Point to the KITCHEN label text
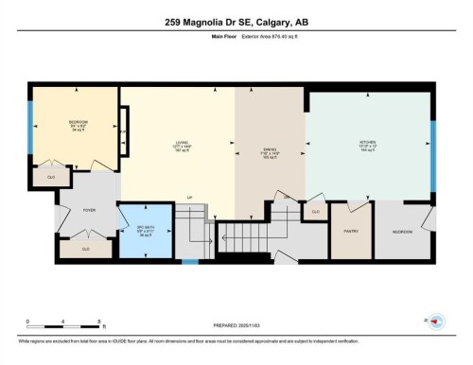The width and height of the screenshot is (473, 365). (368, 142)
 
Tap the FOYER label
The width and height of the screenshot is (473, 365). (89, 210)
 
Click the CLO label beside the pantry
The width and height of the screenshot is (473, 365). (315, 212)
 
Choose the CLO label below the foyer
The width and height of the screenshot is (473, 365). (85, 249)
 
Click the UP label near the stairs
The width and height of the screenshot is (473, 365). (189, 198)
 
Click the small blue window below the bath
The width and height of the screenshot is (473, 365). (191, 261)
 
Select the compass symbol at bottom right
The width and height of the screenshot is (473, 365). (436, 322)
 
